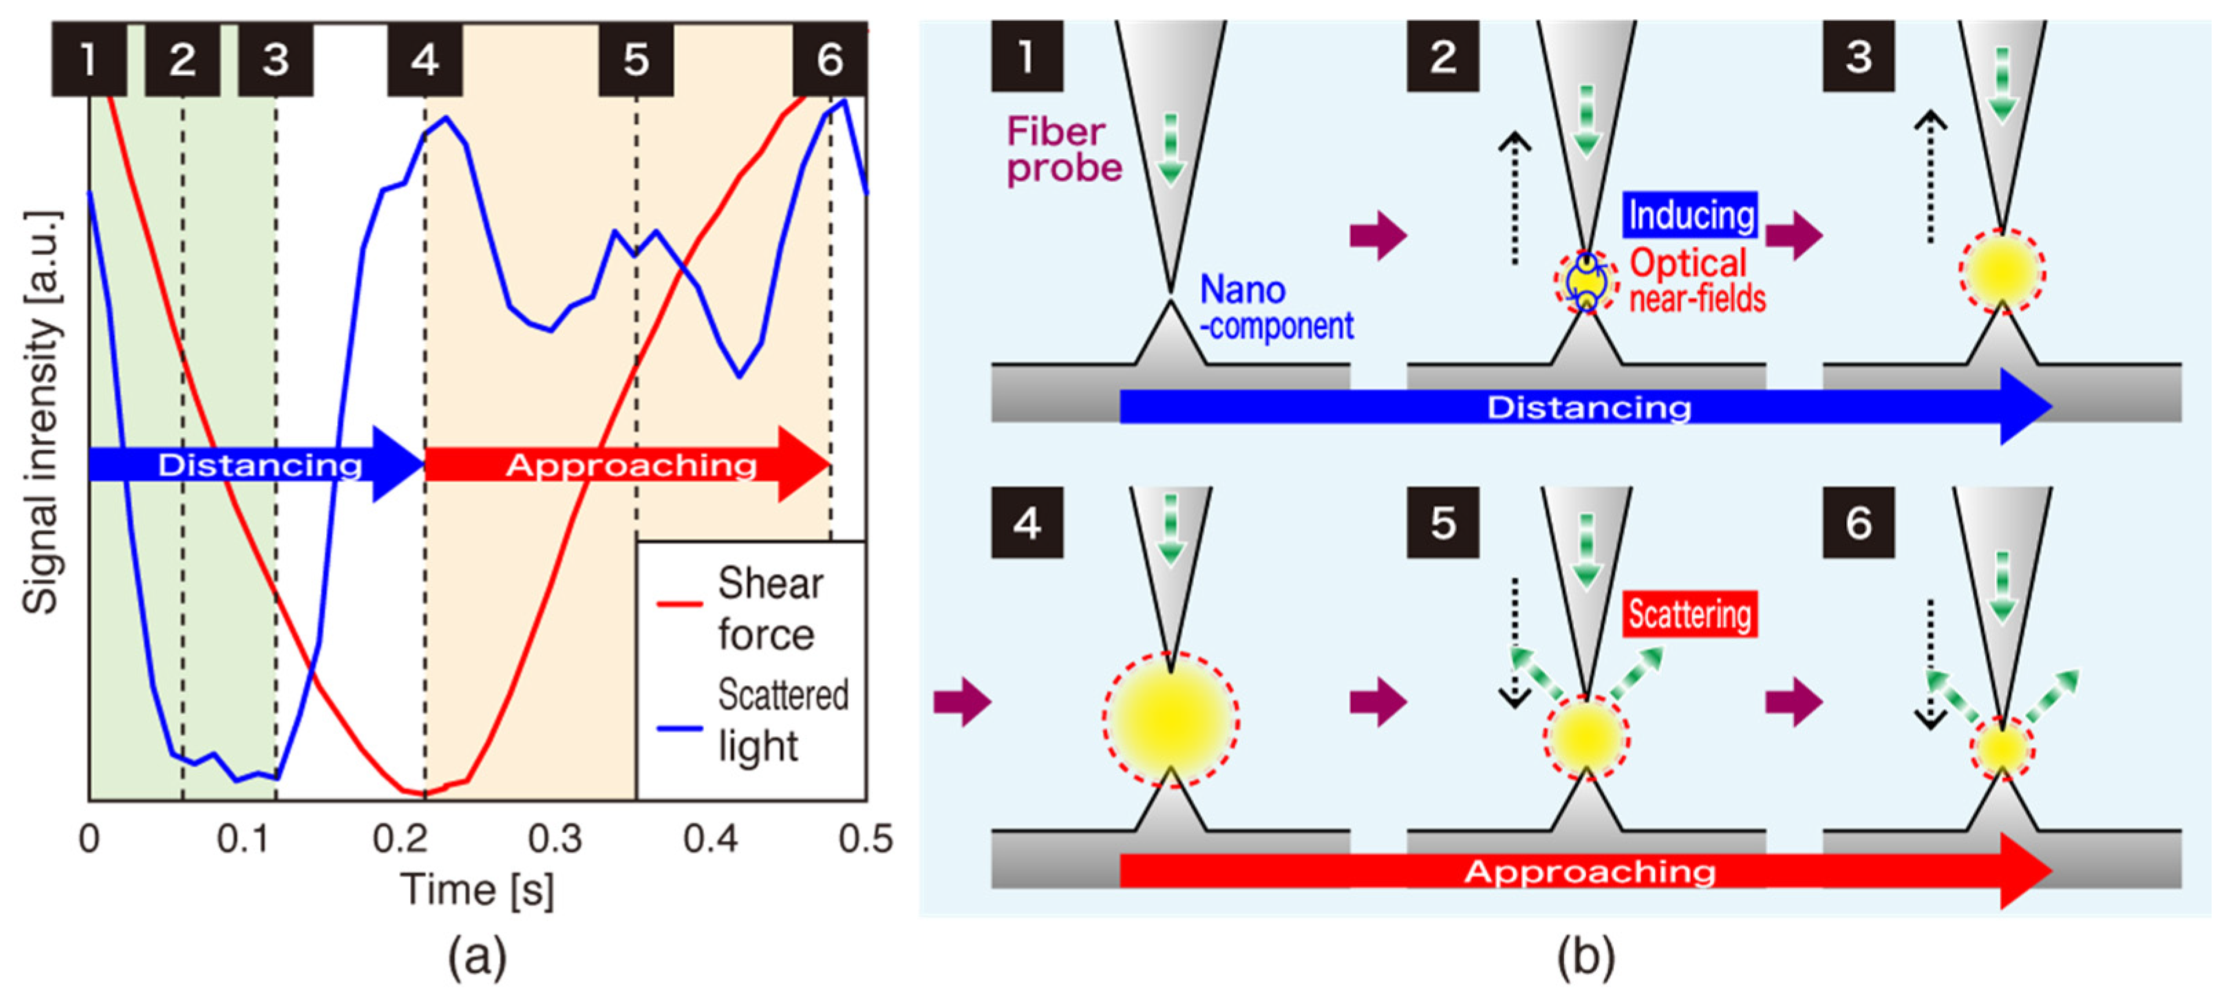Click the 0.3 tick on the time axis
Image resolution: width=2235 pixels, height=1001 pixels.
555,839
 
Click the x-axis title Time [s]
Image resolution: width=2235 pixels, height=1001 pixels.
476,890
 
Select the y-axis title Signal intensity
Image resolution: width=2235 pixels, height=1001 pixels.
42,412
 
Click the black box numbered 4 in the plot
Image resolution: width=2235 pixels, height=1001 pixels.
425,59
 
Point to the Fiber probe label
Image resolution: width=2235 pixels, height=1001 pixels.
1064,149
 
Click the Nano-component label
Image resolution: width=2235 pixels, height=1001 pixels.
1275,308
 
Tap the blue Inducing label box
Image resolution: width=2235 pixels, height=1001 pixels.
1690,214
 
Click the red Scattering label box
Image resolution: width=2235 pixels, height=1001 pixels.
1689,614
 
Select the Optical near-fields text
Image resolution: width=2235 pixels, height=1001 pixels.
1696,280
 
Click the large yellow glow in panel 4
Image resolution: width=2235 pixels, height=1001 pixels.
1170,719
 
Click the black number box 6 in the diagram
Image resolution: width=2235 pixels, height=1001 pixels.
1858,522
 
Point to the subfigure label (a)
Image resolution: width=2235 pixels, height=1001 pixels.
476,958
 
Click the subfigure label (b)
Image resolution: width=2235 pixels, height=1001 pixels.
1585,958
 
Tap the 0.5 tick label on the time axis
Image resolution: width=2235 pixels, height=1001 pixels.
865,839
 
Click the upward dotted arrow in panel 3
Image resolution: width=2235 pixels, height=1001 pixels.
1929,177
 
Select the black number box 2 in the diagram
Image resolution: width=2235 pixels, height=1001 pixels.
1442,57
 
